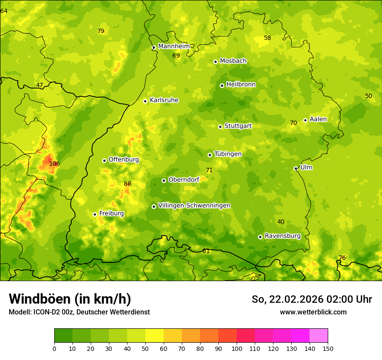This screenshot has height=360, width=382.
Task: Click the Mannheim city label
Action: (x=174, y=46)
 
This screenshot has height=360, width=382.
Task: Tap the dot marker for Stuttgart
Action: (x=220, y=127)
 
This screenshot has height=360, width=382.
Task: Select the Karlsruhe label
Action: (x=164, y=100)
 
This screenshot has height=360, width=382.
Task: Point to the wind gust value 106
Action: (x=54, y=164)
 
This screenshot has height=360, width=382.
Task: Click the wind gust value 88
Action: (x=127, y=184)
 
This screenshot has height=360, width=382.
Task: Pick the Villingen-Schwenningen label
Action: (x=194, y=206)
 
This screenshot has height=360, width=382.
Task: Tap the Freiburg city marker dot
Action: (x=95, y=214)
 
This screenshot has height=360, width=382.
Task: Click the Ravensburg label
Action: (x=283, y=236)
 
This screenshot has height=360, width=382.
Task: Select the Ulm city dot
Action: (x=296, y=168)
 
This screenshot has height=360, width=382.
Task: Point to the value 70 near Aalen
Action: (x=293, y=123)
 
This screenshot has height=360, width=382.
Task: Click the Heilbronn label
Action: (x=241, y=85)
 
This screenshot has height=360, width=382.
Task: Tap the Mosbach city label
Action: (x=233, y=61)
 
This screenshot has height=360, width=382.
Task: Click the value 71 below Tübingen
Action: (x=209, y=170)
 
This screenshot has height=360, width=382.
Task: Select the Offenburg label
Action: (x=124, y=160)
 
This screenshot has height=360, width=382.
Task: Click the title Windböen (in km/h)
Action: (x=70, y=299)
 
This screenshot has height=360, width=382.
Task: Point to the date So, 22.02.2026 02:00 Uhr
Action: (x=312, y=299)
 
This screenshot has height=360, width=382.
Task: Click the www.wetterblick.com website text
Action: (x=313, y=312)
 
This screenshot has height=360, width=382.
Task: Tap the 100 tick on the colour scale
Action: (x=237, y=348)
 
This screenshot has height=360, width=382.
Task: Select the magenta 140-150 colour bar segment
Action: (x=319, y=336)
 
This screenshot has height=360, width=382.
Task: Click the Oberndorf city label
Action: (x=184, y=180)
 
